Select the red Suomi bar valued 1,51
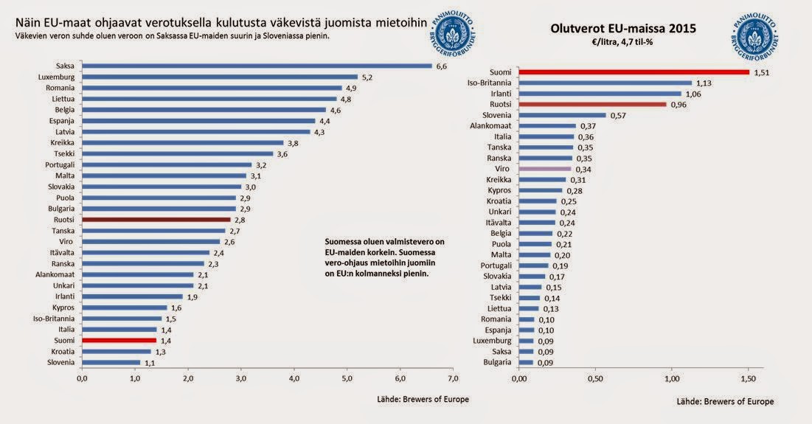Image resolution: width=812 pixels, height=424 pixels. tap(634, 72)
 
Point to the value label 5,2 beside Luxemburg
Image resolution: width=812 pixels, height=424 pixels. tap(367, 77)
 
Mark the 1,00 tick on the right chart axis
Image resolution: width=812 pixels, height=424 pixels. tap(672, 378)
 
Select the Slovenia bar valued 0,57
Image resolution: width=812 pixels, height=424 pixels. tap(562, 115)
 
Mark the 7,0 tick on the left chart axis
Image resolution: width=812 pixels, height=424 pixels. tap(453, 378)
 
